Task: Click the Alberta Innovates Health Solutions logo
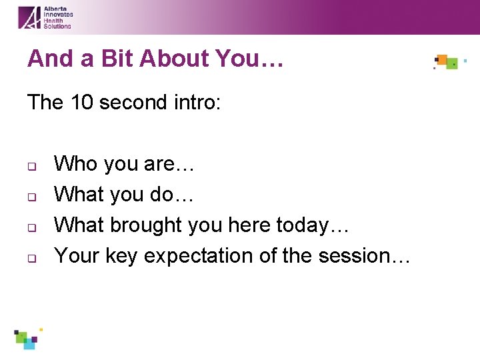[x=45, y=17]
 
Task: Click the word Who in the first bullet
[x=75, y=164]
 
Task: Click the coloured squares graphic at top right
[x=447, y=63]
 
